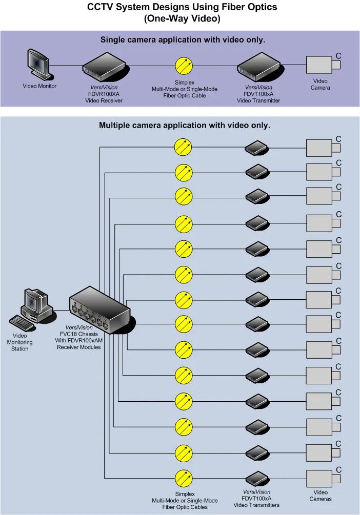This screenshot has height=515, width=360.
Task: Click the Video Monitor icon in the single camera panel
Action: click(x=38, y=65)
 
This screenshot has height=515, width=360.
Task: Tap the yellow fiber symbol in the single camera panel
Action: click(x=184, y=66)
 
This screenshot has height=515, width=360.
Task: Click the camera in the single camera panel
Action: click(x=324, y=65)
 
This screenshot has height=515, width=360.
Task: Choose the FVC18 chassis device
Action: click(x=102, y=311)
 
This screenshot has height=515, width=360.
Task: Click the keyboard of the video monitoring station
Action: click(x=22, y=323)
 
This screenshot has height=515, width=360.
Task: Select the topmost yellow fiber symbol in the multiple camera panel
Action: click(x=183, y=147)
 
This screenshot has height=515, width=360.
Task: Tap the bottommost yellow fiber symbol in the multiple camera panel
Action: click(x=184, y=479)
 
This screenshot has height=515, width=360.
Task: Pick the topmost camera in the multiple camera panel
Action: click(x=324, y=148)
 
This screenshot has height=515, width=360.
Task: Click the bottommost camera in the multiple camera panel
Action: click(x=324, y=479)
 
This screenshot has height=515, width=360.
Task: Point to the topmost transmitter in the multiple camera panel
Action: click(x=257, y=148)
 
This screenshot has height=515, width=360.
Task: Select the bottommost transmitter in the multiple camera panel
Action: click(x=257, y=479)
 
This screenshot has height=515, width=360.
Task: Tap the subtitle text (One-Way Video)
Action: click(x=182, y=18)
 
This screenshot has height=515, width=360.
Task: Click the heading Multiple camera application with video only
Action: click(x=185, y=125)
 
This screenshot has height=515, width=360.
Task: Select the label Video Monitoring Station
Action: click(x=19, y=342)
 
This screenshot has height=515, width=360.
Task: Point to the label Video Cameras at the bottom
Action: click(x=321, y=496)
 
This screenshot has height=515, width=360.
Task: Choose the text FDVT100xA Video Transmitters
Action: click(x=256, y=502)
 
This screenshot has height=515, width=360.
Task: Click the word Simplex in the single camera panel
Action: click(x=185, y=83)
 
